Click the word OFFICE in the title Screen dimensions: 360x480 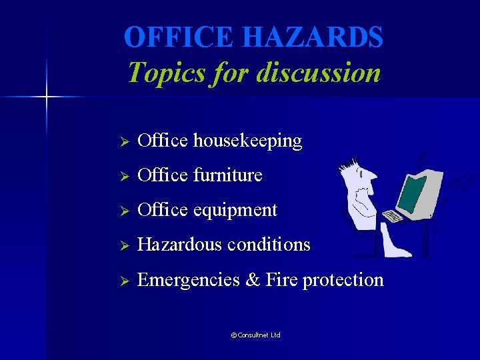pyautogui.click(x=177, y=37)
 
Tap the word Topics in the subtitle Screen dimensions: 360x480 pyautogui.click(x=159, y=72)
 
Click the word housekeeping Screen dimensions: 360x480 pyautogui.click(x=247, y=141)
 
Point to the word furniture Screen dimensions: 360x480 pyautogui.click(x=227, y=176)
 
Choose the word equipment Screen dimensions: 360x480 pyautogui.click(x=235, y=211)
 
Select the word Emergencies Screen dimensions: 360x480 pyautogui.click(x=189, y=280)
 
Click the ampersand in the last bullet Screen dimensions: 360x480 pyautogui.click(x=253, y=280)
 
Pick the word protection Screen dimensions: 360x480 pyautogui.click(x=343, y=280)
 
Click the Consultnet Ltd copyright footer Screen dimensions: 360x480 pyautogui.click(x=255, y=335)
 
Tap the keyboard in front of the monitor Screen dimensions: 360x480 pyautogui.click(x=393, y=216)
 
